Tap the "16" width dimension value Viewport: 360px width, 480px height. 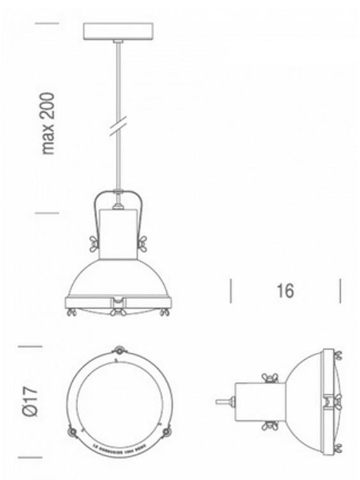[x=285, y=291]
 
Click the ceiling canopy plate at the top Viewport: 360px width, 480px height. [x=118, y=31]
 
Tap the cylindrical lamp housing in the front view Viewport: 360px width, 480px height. [x=118, y=233]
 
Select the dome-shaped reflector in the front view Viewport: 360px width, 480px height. [x=118, y=278]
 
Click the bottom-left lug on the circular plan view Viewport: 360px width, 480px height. [x=71, y=431]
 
